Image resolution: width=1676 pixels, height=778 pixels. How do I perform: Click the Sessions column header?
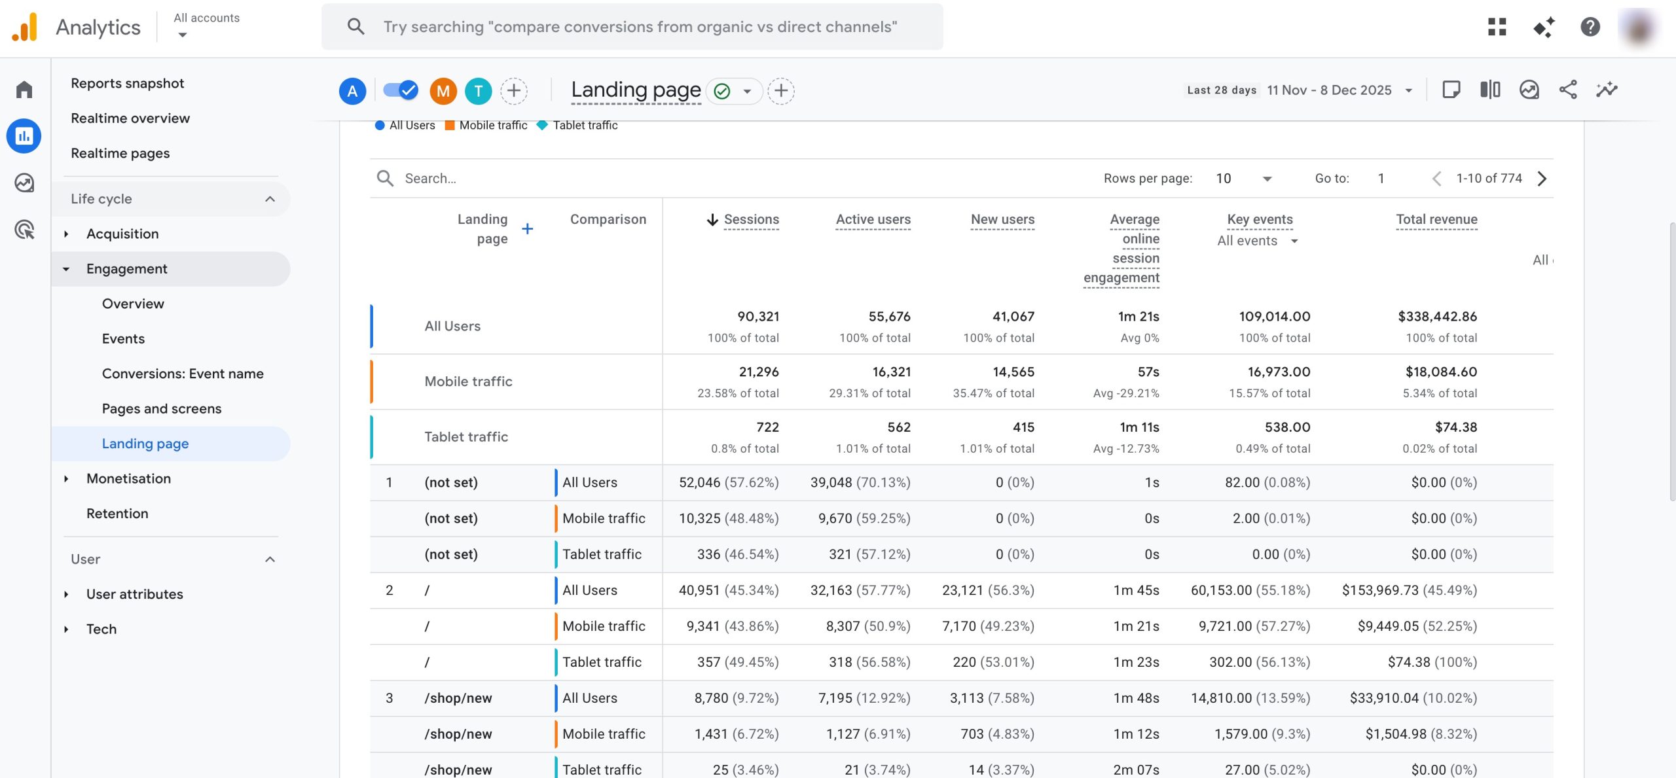(751, 219)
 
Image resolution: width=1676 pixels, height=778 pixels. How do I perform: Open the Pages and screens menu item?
(161, 408)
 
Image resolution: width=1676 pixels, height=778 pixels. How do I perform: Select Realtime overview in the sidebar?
(130, 118)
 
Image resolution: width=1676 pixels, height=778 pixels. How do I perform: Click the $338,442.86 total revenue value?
(1437, 317)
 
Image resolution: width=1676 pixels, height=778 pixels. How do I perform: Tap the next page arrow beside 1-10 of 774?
(1542, 179)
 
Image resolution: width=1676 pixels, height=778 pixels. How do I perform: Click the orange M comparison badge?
(443, 91)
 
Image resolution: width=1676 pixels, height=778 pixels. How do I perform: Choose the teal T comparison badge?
(479, 91)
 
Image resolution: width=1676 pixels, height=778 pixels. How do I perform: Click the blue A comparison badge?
(352, 91)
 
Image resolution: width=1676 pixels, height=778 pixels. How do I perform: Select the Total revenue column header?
(1436, 219)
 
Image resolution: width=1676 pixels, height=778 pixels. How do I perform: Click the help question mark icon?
(1590, 27)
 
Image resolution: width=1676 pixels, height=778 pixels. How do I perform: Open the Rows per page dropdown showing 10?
(1243, 179)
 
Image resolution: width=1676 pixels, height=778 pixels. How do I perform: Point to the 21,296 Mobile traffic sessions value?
(759, 372)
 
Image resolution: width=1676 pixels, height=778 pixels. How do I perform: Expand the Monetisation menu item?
(128, 478)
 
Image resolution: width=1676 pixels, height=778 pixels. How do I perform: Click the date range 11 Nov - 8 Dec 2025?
(1329, 90)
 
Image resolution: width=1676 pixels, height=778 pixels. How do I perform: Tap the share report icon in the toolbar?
(1568, 90)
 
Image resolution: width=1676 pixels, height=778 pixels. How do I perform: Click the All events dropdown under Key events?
(1257, 241)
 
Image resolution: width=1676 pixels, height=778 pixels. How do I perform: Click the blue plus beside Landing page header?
(527, 228)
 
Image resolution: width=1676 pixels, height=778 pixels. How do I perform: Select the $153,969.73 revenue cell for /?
(1409, 590)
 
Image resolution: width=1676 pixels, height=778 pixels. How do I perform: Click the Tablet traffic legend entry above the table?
(585, 125)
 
